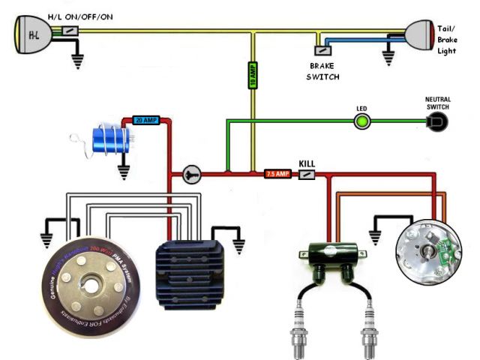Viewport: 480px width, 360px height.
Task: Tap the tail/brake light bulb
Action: [x=420, y=34]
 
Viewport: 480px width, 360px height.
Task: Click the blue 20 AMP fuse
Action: [x=145, y=119]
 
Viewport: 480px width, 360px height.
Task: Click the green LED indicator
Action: [x=361, y=120]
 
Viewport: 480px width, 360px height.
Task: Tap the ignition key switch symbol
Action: [x=189, y=174]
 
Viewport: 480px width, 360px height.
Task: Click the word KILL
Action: [x=307, y=163]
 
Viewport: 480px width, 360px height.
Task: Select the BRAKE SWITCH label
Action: [x=324, y=71]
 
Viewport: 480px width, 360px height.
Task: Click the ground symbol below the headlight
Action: [x=76, y=61]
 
